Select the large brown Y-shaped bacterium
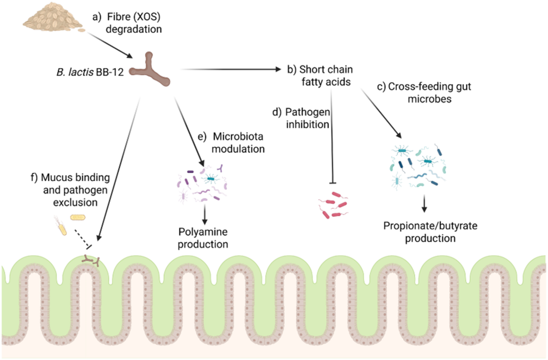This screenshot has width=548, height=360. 150,70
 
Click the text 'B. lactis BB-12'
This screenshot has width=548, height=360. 90,72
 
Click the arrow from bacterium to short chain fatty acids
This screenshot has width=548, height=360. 231,69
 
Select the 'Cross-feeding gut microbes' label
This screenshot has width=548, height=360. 424,92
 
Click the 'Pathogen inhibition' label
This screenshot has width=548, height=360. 301,118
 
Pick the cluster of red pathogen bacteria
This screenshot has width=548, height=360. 333,205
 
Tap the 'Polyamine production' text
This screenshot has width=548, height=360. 203,238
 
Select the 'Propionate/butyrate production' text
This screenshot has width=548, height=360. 430,232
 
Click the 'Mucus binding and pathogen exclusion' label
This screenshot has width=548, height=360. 71,189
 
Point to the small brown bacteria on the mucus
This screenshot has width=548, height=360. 91,260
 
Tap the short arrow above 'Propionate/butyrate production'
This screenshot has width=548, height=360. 424,204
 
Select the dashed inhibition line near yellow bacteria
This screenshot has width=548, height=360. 83,239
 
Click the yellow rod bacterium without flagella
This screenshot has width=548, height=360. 78,218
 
